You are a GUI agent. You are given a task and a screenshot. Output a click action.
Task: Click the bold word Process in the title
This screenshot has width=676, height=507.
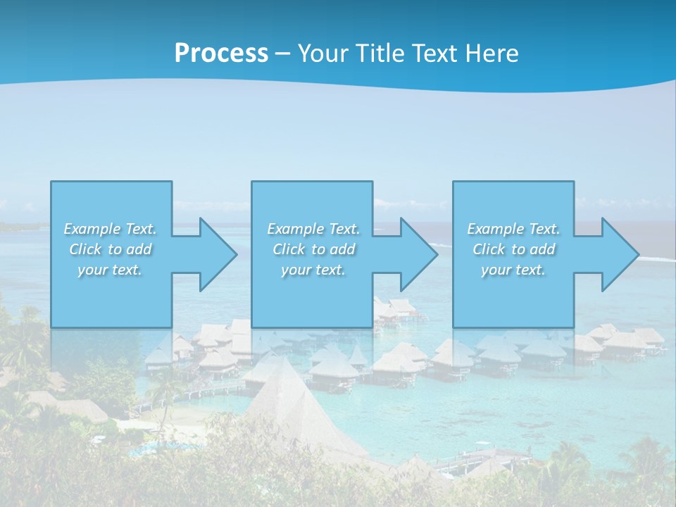[x=221, y=54]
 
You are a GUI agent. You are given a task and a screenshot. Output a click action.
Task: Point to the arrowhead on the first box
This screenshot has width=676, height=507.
[x=218, y=255]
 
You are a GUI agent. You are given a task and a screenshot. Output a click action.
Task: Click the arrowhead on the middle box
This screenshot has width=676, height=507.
[x=418, y=255]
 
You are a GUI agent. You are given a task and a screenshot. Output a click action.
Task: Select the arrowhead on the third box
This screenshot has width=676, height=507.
[x=619, y=255]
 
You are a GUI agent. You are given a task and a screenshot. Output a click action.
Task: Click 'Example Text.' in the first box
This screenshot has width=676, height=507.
[x=110, y=229]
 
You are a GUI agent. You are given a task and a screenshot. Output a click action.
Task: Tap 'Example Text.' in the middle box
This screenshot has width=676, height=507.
[x=313, y=229]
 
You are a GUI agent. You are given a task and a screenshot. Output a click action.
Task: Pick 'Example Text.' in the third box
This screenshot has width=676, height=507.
[x=513, y=229]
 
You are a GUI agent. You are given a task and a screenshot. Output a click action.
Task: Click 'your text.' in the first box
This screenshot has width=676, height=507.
[x=110, y=270]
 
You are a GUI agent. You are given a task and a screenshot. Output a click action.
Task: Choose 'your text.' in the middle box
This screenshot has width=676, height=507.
[x=313, y=270]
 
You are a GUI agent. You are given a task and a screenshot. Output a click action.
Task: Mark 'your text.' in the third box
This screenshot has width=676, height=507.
[x=513, y=270]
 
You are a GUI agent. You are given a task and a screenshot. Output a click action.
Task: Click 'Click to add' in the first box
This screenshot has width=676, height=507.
[x=110, y=249]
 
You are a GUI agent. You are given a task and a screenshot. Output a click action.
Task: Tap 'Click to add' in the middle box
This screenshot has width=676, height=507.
[x=313, y=249]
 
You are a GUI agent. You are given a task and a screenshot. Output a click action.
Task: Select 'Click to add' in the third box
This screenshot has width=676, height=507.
[x=513, y=249]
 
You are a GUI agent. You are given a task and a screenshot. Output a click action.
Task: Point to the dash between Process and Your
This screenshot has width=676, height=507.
[x=282, y=54]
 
